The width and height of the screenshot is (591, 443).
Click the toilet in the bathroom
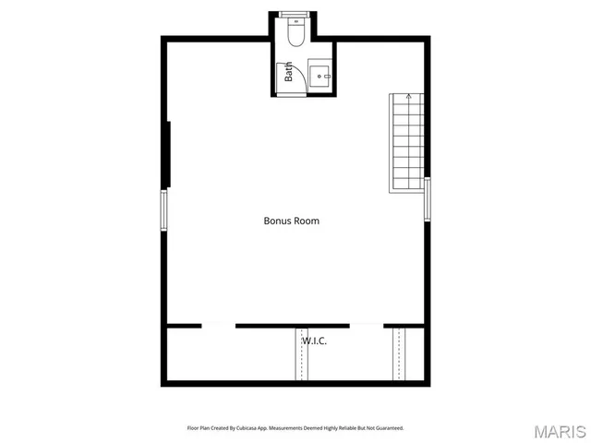tap(295, 33)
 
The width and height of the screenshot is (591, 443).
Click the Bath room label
tap(289, 72)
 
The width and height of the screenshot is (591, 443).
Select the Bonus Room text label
tap(292, 221)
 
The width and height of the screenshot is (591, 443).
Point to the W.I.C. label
tap(314, 341)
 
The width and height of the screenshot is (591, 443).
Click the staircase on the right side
tap(407, 142)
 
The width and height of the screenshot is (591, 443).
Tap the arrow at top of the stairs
tap(408, 96)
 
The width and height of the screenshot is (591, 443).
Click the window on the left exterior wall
tap(164, 210)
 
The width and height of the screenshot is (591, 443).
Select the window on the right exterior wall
tap(428, 198)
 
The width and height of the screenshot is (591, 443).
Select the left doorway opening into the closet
tap(219, 325)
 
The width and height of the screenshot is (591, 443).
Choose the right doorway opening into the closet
tap(367, 325)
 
